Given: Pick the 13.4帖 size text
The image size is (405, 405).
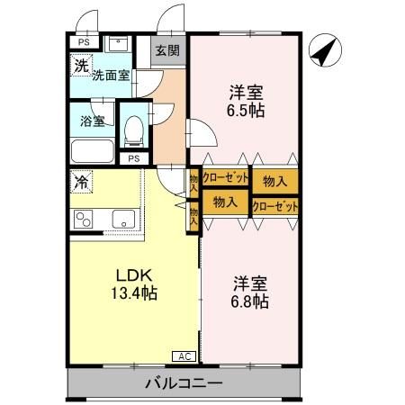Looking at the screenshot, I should click(x=133, y=292).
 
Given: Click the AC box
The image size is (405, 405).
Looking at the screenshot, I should click(x=184, y=355).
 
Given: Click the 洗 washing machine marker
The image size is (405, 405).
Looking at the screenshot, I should click(x=81, y=65).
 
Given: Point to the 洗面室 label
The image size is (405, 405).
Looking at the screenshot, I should click(x=110, y=76).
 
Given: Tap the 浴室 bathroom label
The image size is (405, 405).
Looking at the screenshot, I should click(x=91, y=120).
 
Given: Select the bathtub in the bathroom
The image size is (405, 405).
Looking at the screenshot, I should click(x=91, y=150).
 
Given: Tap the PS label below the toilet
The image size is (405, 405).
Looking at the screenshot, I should click(x=134, y=159).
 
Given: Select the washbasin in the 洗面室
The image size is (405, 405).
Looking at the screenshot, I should click(x=118, y=43).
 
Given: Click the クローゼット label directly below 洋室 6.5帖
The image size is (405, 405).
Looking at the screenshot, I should click(x=226, y=179).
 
